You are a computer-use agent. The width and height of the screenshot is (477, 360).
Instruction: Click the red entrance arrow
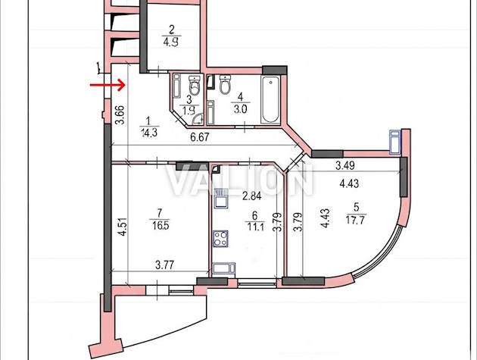[108, 85]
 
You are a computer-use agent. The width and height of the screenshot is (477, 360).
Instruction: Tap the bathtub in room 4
[270, 100]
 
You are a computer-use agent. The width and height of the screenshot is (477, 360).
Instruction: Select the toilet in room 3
[195, 86]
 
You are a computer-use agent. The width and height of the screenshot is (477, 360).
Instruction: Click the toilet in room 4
[225, 84]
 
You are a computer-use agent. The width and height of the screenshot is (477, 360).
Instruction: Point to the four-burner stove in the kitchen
[220, 239]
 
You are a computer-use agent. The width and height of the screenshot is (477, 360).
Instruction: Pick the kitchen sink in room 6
[220, 199]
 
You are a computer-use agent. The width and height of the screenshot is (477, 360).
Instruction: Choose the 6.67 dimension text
[200, 137]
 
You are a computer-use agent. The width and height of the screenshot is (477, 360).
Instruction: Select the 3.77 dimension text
[164, 265]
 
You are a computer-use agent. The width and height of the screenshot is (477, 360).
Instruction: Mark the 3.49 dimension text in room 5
[345, 165]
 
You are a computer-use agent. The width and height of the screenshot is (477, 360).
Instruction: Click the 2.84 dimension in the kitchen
[251, 196]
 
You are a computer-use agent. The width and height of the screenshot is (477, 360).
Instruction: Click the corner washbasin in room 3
[198, 119]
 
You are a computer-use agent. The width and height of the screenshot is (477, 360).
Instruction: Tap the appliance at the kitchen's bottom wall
[224, 270]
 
